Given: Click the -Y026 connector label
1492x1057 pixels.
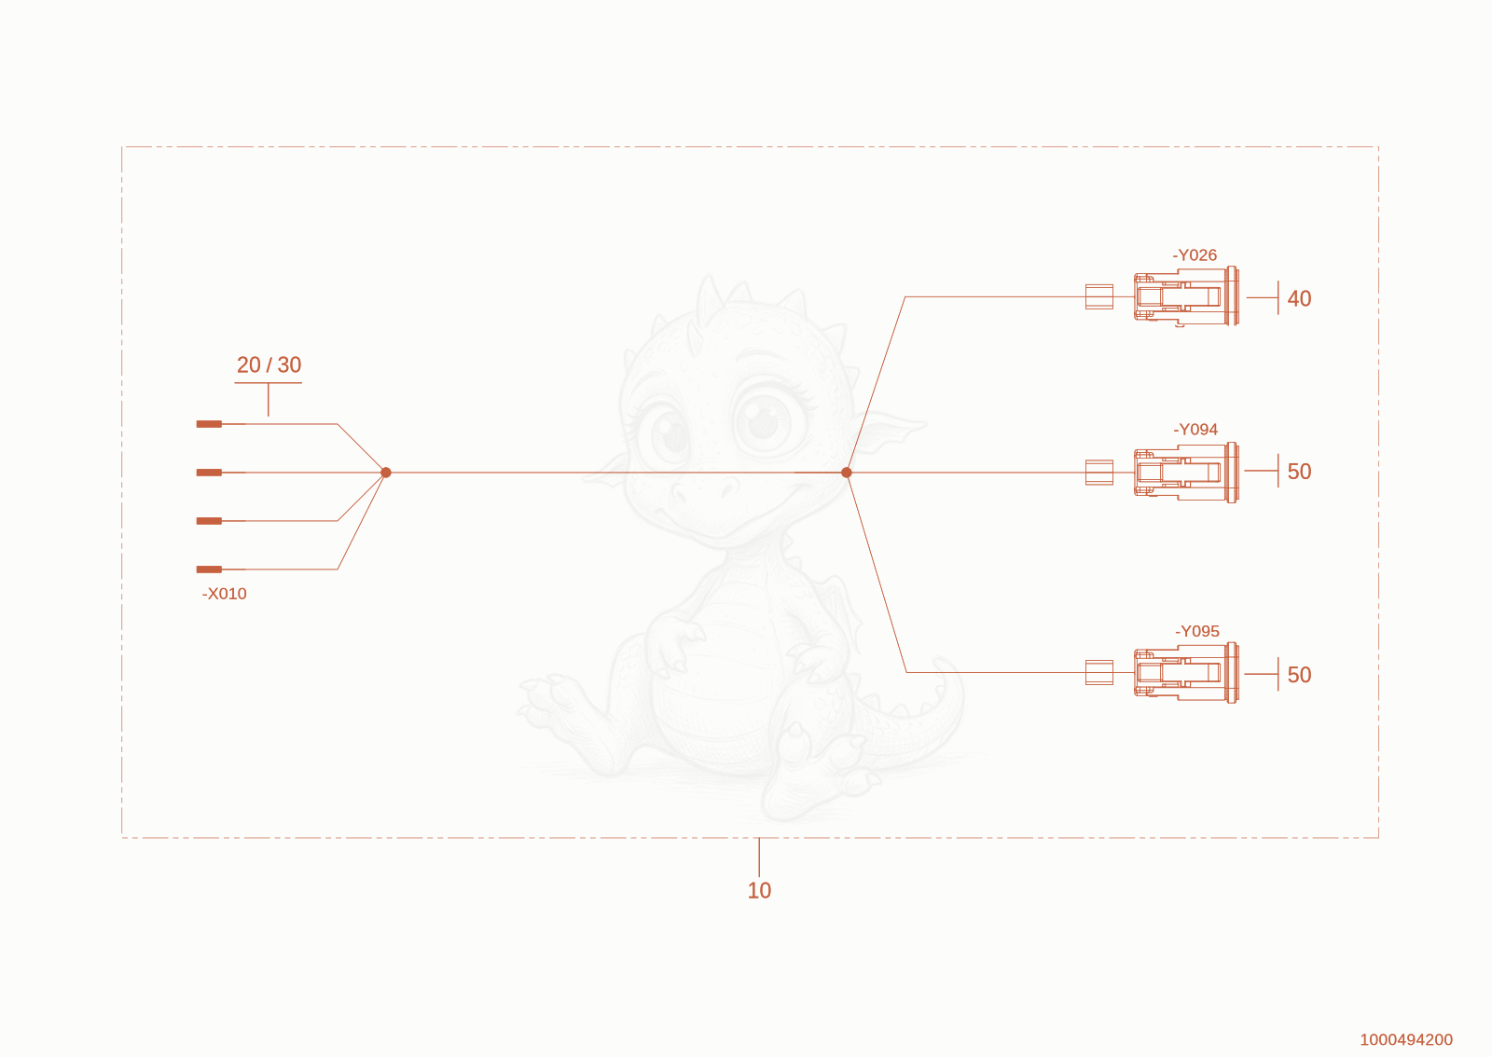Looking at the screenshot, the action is pos(1195,255).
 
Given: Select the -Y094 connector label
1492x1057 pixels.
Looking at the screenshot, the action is pos(1195,430).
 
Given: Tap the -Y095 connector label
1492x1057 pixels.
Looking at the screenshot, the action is pos(1197,631).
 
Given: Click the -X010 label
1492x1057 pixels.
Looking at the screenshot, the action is pos(225,594).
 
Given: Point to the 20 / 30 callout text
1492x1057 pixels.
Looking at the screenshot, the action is pos(269,364).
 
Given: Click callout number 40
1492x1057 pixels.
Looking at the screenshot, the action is pos(1299,299).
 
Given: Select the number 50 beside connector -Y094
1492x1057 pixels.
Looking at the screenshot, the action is pos(1299,472).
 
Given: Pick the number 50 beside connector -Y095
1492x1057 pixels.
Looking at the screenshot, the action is pos(1299,675).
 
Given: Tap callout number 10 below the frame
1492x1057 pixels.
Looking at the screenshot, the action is pos(759,890).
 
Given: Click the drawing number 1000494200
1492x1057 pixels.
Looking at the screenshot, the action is pos(1406,1039).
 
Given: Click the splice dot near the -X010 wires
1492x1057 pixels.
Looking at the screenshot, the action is pos(386,473).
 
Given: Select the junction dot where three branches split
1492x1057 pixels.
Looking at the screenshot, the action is pos(847,473).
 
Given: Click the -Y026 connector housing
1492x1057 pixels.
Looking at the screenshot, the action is pos(1186,296).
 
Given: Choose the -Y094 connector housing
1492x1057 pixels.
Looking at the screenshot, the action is pos(1186,473).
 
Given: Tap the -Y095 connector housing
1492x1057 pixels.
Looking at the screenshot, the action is pos(1186,673).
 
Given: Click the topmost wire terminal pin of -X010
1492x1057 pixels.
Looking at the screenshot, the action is pos(209,424).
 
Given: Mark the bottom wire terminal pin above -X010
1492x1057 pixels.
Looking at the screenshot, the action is pos(209,570).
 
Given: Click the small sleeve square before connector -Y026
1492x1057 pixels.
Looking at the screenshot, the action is pos(1099,296).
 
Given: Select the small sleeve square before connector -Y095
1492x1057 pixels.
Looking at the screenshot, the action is pos(1099,672).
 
